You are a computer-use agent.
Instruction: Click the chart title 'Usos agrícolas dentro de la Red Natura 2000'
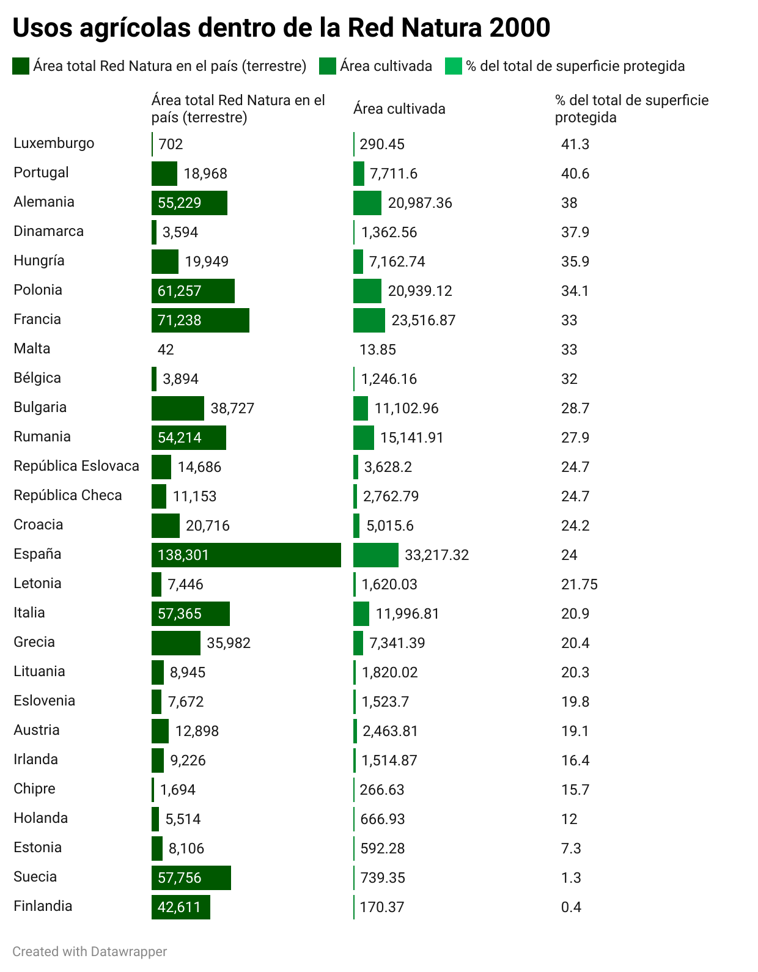(x=281, y=28)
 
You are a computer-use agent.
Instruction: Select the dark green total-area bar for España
(x=246, y=555)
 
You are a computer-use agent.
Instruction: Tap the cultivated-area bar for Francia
(x=369, y=320)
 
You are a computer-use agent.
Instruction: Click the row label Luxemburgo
(x=54, y=143)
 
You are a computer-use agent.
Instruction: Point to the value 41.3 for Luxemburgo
(x=575, y=144)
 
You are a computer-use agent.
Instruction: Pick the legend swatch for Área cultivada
(x=328, y=66)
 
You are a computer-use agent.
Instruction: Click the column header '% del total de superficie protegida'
(x=631, y=109)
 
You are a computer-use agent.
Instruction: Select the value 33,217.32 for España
(x=436, y=555)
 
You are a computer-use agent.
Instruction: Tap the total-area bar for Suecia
(x=191, y=878)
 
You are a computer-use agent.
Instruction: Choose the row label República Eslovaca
(x=76, y=466)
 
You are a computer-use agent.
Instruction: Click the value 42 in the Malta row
(x=166, y=350)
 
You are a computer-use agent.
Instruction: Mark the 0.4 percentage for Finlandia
(x=571, y=907)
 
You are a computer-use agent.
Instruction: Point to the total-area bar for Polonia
(x=193, y=291)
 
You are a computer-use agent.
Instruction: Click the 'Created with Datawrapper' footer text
(x=90, y=951)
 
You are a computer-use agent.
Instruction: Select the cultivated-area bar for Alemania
(x=367, y=203)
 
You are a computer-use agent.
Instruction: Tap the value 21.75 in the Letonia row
(x=579, y=584)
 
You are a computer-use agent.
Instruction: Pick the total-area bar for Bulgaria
(x=177, y=408)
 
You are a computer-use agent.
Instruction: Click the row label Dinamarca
(x=48, y=231)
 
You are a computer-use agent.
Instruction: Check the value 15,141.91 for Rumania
(x=411, y=438)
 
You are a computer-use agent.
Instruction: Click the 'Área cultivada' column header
(x=399, y=109)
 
